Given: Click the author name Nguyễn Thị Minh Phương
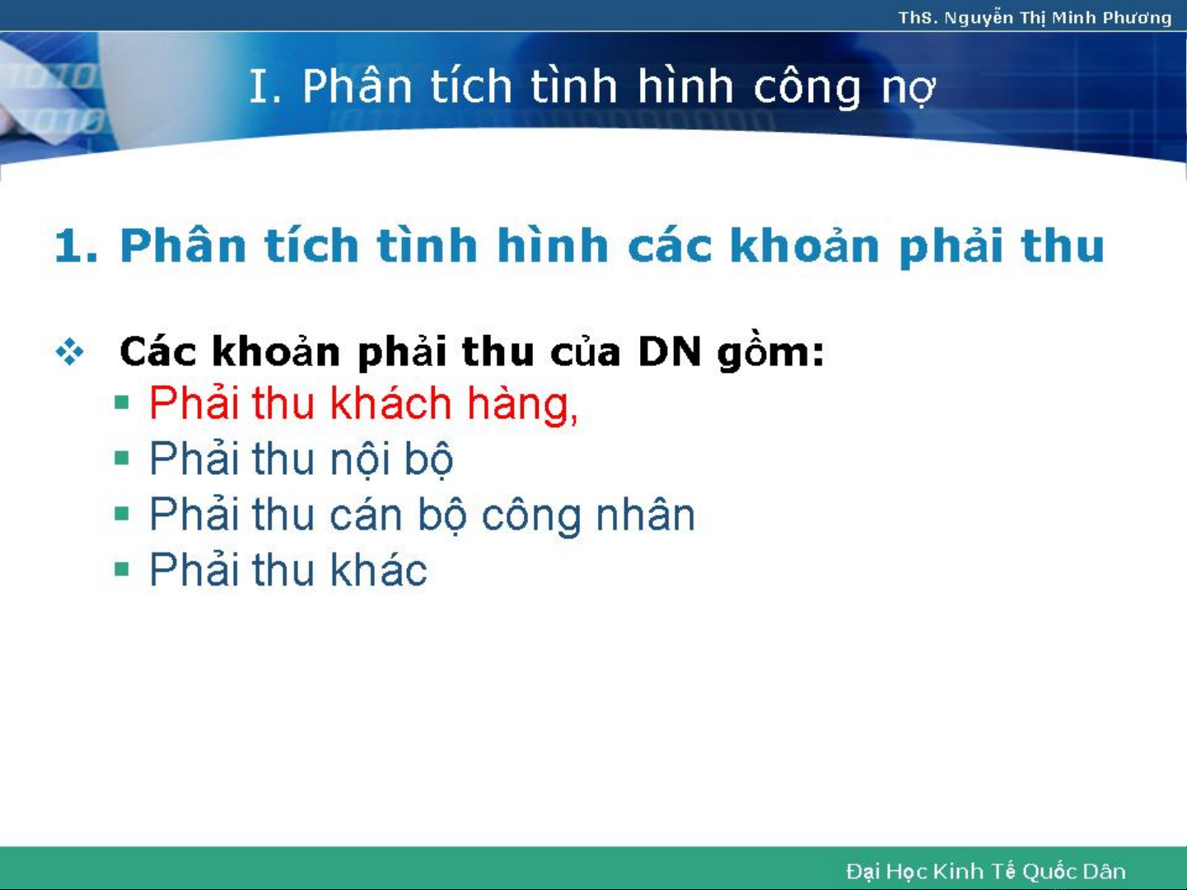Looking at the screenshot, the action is click(1058, 18).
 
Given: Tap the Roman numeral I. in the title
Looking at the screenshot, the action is click(265, 86).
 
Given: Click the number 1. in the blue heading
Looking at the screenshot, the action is click(77, 246).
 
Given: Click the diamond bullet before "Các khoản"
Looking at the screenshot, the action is click(70, 352).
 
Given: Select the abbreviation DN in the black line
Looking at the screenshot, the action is click(670, 352).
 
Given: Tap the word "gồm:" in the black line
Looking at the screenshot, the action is click(771, 353).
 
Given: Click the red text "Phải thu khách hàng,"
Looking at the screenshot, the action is click(363, 403).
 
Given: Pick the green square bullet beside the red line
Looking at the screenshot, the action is click(122, 403).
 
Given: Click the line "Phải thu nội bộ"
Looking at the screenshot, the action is click(301, 459).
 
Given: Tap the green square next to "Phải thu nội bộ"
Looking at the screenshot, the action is click(122, 459).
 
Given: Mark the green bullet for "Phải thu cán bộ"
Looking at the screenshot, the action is click(122, 514).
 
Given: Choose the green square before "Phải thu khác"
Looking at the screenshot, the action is click(122, 569).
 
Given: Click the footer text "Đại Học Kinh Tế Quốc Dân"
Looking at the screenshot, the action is click(986, 871).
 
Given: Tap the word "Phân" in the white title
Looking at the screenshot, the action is click(357, 86).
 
